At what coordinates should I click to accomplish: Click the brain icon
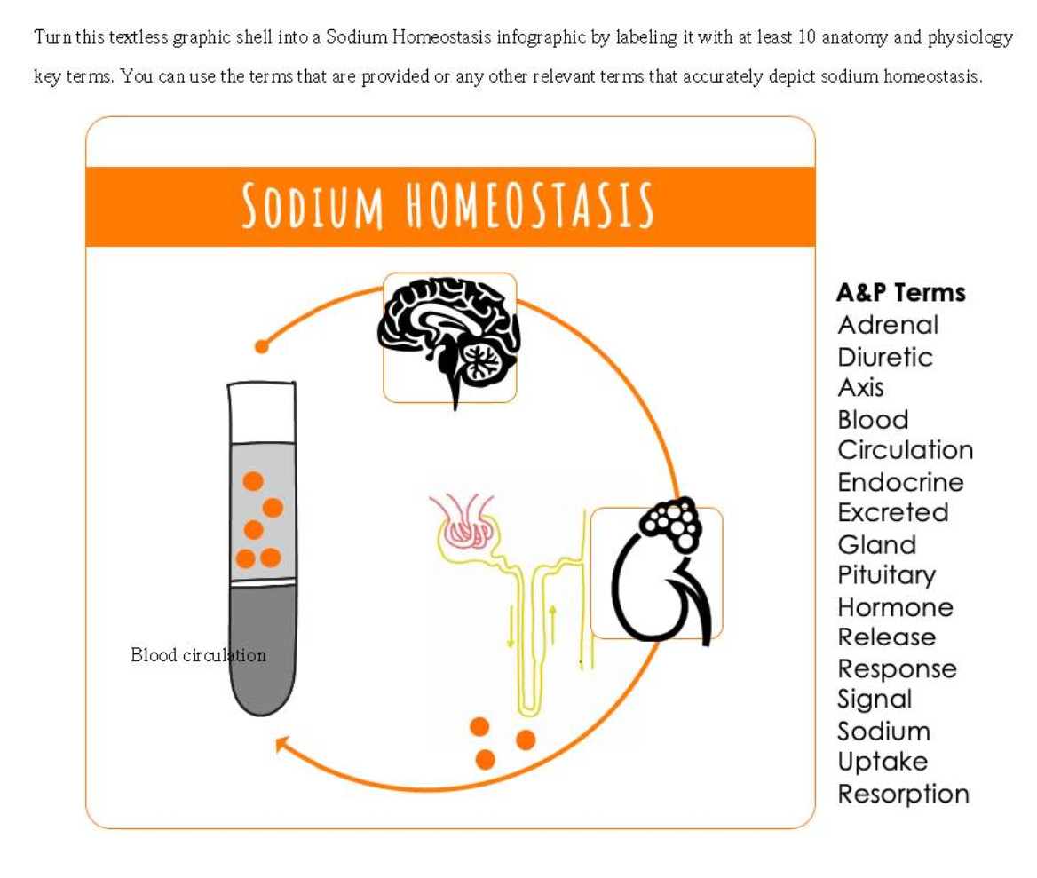point(449,342)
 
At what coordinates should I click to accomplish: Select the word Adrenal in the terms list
point(887,325)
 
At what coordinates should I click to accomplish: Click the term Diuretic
point(884,357)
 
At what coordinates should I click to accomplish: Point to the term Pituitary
point(886,575)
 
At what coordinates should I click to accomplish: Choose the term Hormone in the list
point(895,607)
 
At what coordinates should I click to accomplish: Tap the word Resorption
point(903,794)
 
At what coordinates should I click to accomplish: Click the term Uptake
point(883,762)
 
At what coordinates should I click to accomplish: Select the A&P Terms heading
point(900,292)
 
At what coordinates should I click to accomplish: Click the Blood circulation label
point(198,655)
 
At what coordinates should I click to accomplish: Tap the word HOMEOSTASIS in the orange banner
point(530,206)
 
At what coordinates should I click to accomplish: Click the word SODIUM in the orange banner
point(313,206)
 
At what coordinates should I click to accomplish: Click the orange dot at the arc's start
point(261,346)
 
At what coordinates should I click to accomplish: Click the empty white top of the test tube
point(262,413)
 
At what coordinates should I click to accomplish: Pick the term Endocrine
point(900,482)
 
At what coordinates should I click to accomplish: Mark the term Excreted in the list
point(892,512)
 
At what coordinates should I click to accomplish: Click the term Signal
point(875,700)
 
